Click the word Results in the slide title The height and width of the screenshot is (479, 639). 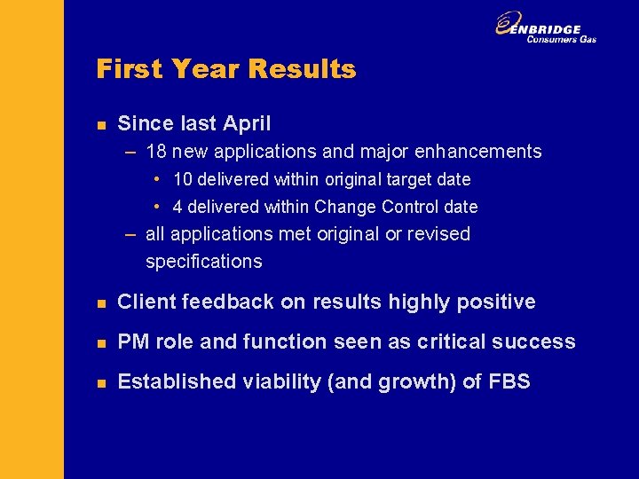click(304, 69)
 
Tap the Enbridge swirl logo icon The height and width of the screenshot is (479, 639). click(509, 25)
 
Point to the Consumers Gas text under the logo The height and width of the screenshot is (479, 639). click(561, 40)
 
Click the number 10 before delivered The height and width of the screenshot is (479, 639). click(183, 179)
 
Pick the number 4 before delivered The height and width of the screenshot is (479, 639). click(177, 207)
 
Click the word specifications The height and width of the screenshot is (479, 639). click(203, 262)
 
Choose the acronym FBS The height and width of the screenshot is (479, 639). click(509, 381)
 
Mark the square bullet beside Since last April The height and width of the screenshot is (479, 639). click(100, 124)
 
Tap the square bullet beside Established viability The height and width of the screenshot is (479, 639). click(100, 382)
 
